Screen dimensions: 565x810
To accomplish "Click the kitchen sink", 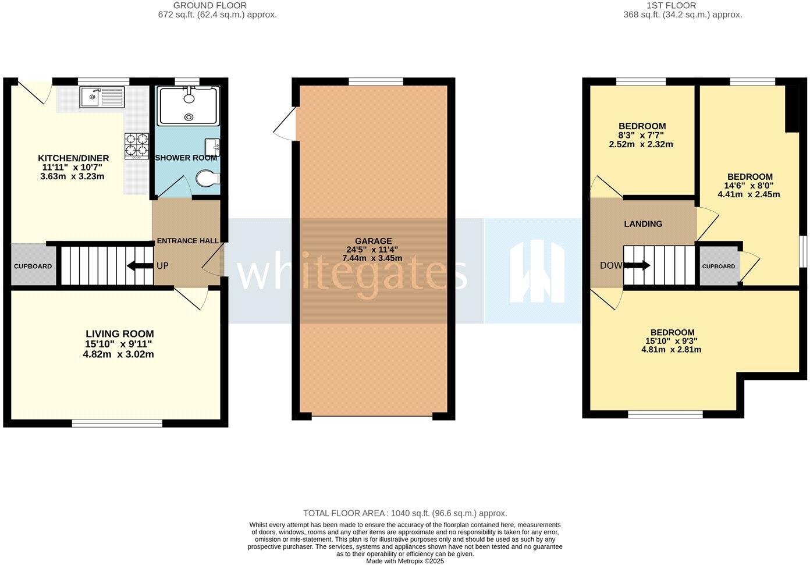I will pyautogui.click(x=102, y=97).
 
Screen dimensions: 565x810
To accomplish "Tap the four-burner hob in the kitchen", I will pyautogui.click(x=136, y=146).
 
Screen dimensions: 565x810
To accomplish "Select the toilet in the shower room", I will pyautogui.click(x=207, y=179).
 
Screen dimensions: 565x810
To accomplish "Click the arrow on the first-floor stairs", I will pyautogui.click(x=638, y=266).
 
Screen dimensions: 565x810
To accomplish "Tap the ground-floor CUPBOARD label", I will pyautogui.click(x=33, y=266).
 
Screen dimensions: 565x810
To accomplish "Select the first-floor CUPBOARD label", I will pyautogui.click(x=719, y=266).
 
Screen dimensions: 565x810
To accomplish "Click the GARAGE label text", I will pyautogui.click(x=373, y=241).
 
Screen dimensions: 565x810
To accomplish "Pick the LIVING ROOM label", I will pyautogui.click(x=120, y=334).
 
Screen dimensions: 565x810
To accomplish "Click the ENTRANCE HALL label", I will pyautogui.click(x=188, y=241).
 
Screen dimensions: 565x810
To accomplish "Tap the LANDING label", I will pyautogui.click(x=643, y=224).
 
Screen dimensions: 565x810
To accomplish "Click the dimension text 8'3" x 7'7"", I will pyautogui.click(x=642, y=136).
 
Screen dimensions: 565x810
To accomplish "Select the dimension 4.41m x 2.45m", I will pyautogui.click(x=749, y=194).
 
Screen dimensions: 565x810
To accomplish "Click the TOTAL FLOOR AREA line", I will pyautogui.click(x=405, y=513).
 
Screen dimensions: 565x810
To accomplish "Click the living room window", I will pyautogui.click(x=117, y=423).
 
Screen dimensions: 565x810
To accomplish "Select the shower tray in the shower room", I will pyautogui.click(x=189, y=105).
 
